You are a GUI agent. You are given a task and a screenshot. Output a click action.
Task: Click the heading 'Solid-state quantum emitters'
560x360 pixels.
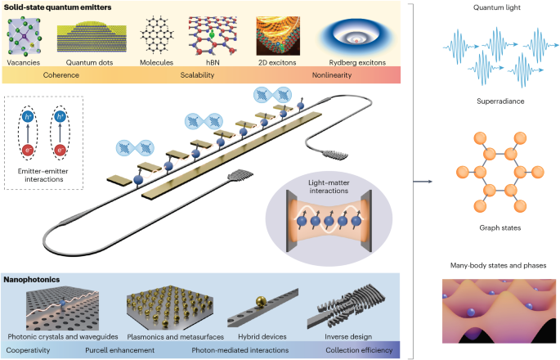(58, 7)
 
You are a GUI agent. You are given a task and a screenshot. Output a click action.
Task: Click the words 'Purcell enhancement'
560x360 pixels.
(136, 351)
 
